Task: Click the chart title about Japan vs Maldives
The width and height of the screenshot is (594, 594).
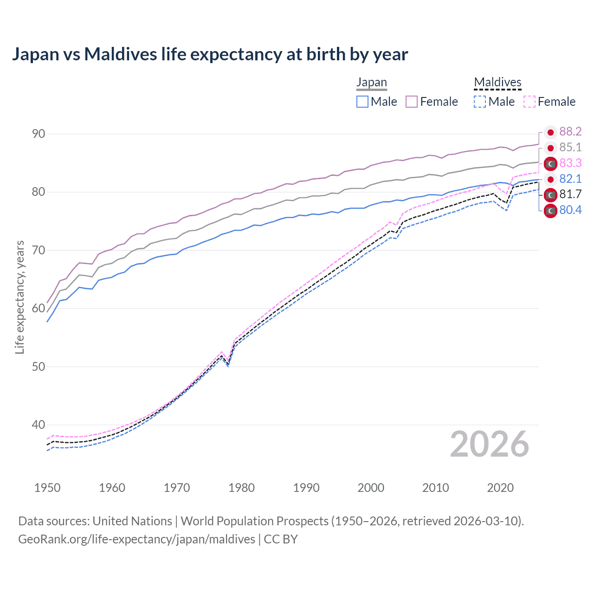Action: coord(210,54)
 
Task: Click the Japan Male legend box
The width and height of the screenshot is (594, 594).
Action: coord(362,102)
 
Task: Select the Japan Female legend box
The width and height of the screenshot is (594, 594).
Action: coord(412,102)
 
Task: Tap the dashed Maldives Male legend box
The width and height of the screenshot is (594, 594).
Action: coord(480,102)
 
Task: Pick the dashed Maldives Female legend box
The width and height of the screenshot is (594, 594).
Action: coord(529,102)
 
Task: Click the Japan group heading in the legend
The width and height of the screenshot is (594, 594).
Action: coord(371,83)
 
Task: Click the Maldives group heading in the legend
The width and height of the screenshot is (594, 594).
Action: coord(497,83)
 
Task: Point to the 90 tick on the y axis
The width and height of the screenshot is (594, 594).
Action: coord(39,134)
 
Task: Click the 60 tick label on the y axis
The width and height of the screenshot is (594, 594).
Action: coord(39,309)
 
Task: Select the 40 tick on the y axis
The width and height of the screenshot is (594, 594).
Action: coord(39,425)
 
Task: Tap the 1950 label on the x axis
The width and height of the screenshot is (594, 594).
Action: coord(47,488)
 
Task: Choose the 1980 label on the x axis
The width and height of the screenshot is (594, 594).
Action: coord(241,488)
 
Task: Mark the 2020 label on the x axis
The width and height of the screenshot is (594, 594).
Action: coord(500,488)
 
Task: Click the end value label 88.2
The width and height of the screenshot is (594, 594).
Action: coord(570,132)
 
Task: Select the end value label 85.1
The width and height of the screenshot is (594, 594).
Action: coord(570,148)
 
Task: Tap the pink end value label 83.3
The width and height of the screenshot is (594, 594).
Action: coord(570,163)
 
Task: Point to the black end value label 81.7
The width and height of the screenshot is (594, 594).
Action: coord(570,194)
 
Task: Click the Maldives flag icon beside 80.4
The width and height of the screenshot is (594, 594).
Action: coord(550,211)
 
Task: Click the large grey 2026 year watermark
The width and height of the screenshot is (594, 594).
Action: coord(489,444)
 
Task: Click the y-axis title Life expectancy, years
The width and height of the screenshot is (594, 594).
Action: coord(20,297)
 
